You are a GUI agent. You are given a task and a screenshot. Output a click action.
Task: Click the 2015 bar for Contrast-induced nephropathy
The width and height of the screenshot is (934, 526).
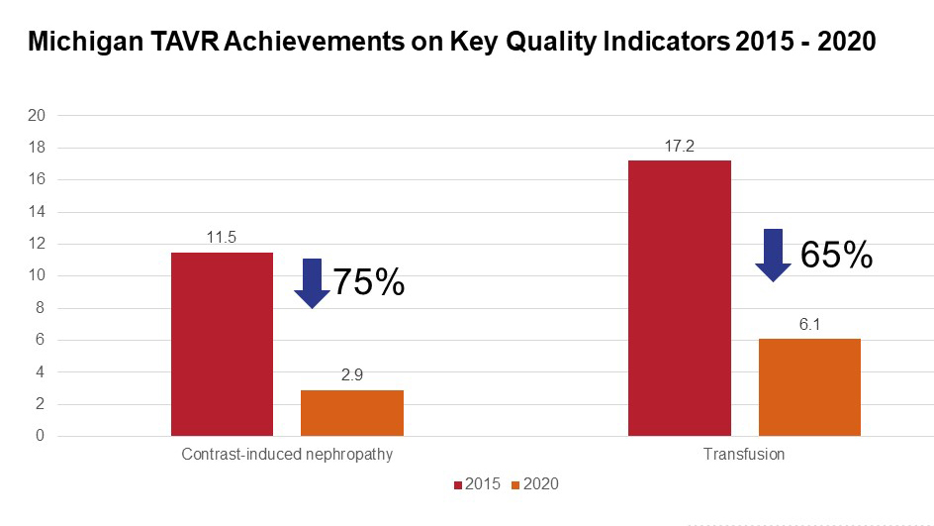(222, 344)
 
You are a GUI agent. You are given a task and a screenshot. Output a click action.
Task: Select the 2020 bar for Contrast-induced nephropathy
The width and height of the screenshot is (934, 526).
(352, 413)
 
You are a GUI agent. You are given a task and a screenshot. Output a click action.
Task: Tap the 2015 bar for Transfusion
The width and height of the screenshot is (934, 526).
(680, 298)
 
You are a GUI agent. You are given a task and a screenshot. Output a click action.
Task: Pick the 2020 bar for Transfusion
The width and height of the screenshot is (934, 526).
(809, 387)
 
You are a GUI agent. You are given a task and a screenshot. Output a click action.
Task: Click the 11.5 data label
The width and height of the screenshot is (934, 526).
(222, 238)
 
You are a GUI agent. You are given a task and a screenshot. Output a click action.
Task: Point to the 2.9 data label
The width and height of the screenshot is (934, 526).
(352, 375)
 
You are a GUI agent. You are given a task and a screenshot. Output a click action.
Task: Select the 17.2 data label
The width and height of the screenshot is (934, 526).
(680, 146)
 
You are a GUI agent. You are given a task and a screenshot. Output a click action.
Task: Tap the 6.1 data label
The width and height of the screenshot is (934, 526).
(809, 324)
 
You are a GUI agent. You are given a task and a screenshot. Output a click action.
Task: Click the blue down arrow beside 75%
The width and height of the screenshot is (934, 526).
(312, 283)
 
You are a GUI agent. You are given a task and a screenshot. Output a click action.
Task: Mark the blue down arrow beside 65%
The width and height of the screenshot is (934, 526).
(774, 256)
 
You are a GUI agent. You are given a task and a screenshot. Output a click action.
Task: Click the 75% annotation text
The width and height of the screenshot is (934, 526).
(368, 283)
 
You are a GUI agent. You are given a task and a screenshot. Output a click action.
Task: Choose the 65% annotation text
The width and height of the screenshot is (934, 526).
(836, 256)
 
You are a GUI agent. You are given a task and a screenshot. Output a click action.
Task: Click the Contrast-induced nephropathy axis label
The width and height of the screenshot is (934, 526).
(287, 455)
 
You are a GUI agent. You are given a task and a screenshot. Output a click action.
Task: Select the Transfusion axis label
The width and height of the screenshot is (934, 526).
(744, 455)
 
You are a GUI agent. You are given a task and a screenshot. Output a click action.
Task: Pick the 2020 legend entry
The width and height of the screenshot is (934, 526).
(534, 484)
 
